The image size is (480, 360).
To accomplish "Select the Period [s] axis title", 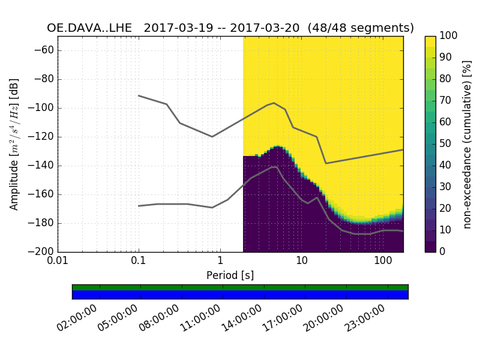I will click(x=230, y=275).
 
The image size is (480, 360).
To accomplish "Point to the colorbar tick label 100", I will click(x=449, y=36).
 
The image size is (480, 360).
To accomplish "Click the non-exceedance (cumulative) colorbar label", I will click(x=469, y=144).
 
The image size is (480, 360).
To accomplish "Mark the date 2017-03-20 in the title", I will click(x=267, y=28).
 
